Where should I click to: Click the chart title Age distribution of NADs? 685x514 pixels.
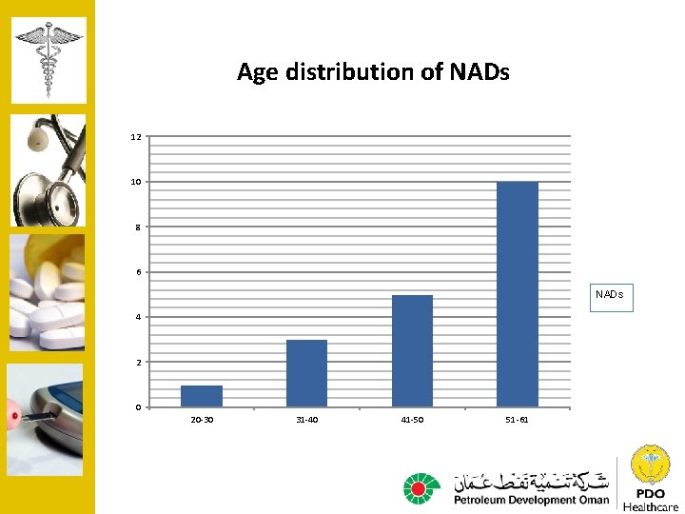click(x=373, y=72)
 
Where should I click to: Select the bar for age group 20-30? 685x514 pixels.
click(x=202, y=396)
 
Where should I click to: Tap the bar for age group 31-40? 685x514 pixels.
click(x=306, y=373)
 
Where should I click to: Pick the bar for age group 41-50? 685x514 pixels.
click(x=412, y=351)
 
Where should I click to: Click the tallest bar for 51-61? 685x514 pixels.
click(x=518, y=294)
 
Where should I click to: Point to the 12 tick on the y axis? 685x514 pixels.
click(x=136, y=137)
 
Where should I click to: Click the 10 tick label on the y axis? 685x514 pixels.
click(x=136, y=182)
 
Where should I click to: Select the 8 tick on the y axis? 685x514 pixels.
click(x=136, y=227)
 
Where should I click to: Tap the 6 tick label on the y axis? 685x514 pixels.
click(x=136, y=272)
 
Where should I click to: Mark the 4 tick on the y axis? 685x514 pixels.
click(x=136, y=317)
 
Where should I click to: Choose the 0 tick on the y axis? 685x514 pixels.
click(x=136, y=407)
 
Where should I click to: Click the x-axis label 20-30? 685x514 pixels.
click(x=202, y=420)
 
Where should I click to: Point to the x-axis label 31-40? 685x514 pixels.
click(x=306, y=420)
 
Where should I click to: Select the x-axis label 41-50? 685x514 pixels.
click(x=412, y=420)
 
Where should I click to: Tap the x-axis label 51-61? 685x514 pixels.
click(x=518, y=420)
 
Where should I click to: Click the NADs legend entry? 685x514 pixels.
click(x=609, y=296)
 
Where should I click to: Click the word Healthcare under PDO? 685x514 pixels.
click(x=651, y=506)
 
